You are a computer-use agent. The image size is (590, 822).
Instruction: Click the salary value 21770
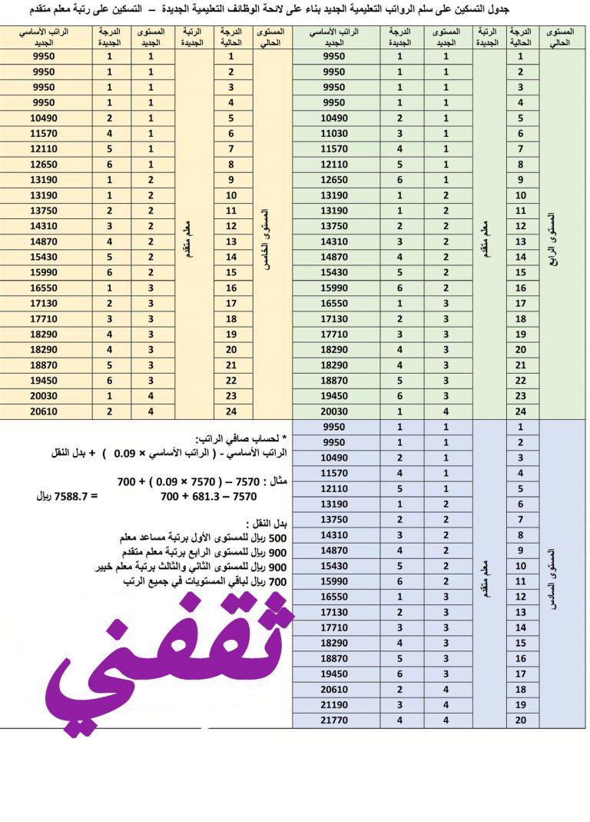pos(335,720)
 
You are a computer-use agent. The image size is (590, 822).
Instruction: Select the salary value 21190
pos(335,705)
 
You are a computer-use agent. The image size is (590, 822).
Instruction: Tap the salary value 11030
pos(335,134)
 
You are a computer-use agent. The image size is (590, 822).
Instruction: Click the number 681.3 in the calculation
pos(195,497)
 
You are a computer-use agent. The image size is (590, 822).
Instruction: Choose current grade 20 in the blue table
pos(521,720)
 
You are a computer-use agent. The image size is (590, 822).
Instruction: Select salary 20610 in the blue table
pos(335,690)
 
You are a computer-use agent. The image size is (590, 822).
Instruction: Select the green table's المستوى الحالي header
pos(562,37)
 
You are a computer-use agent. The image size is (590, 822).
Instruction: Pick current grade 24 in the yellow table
pos(230,411)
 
